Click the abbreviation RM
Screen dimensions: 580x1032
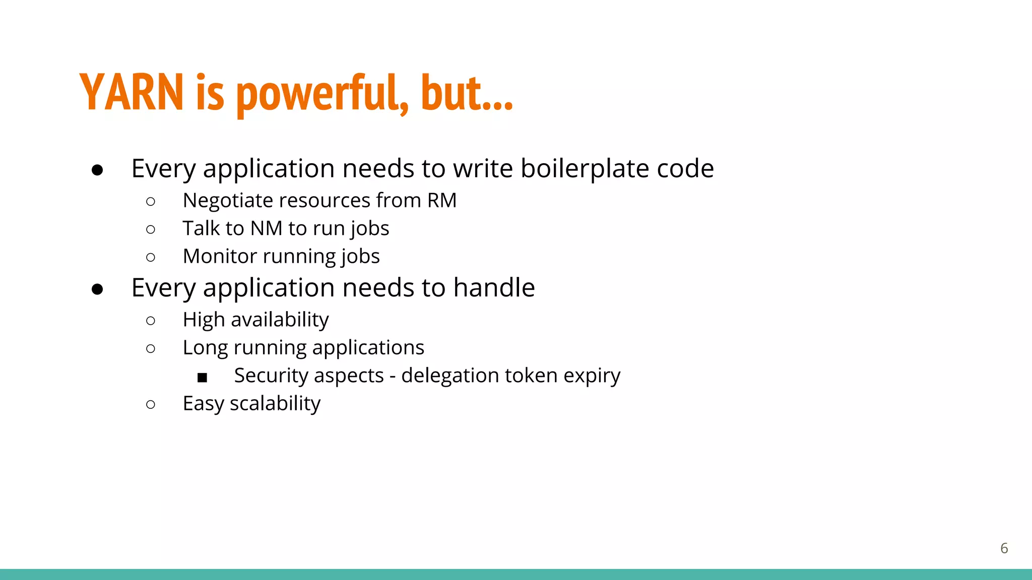[x=442, y=200]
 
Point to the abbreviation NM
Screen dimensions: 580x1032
[x=267, y=229]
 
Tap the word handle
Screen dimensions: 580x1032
[x=494, y=287]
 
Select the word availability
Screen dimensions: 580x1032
[x=280, y=320]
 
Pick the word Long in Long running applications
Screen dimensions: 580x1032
[x=205, y=347]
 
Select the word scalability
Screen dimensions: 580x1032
[x=275, y=403]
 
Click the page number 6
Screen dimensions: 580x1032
[x=1004, y=548]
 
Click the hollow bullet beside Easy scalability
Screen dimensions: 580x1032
[x=151, y=404]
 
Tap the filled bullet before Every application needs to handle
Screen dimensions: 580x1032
[x=97, y=289]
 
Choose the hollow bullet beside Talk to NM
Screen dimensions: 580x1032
[x=151, y=230]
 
